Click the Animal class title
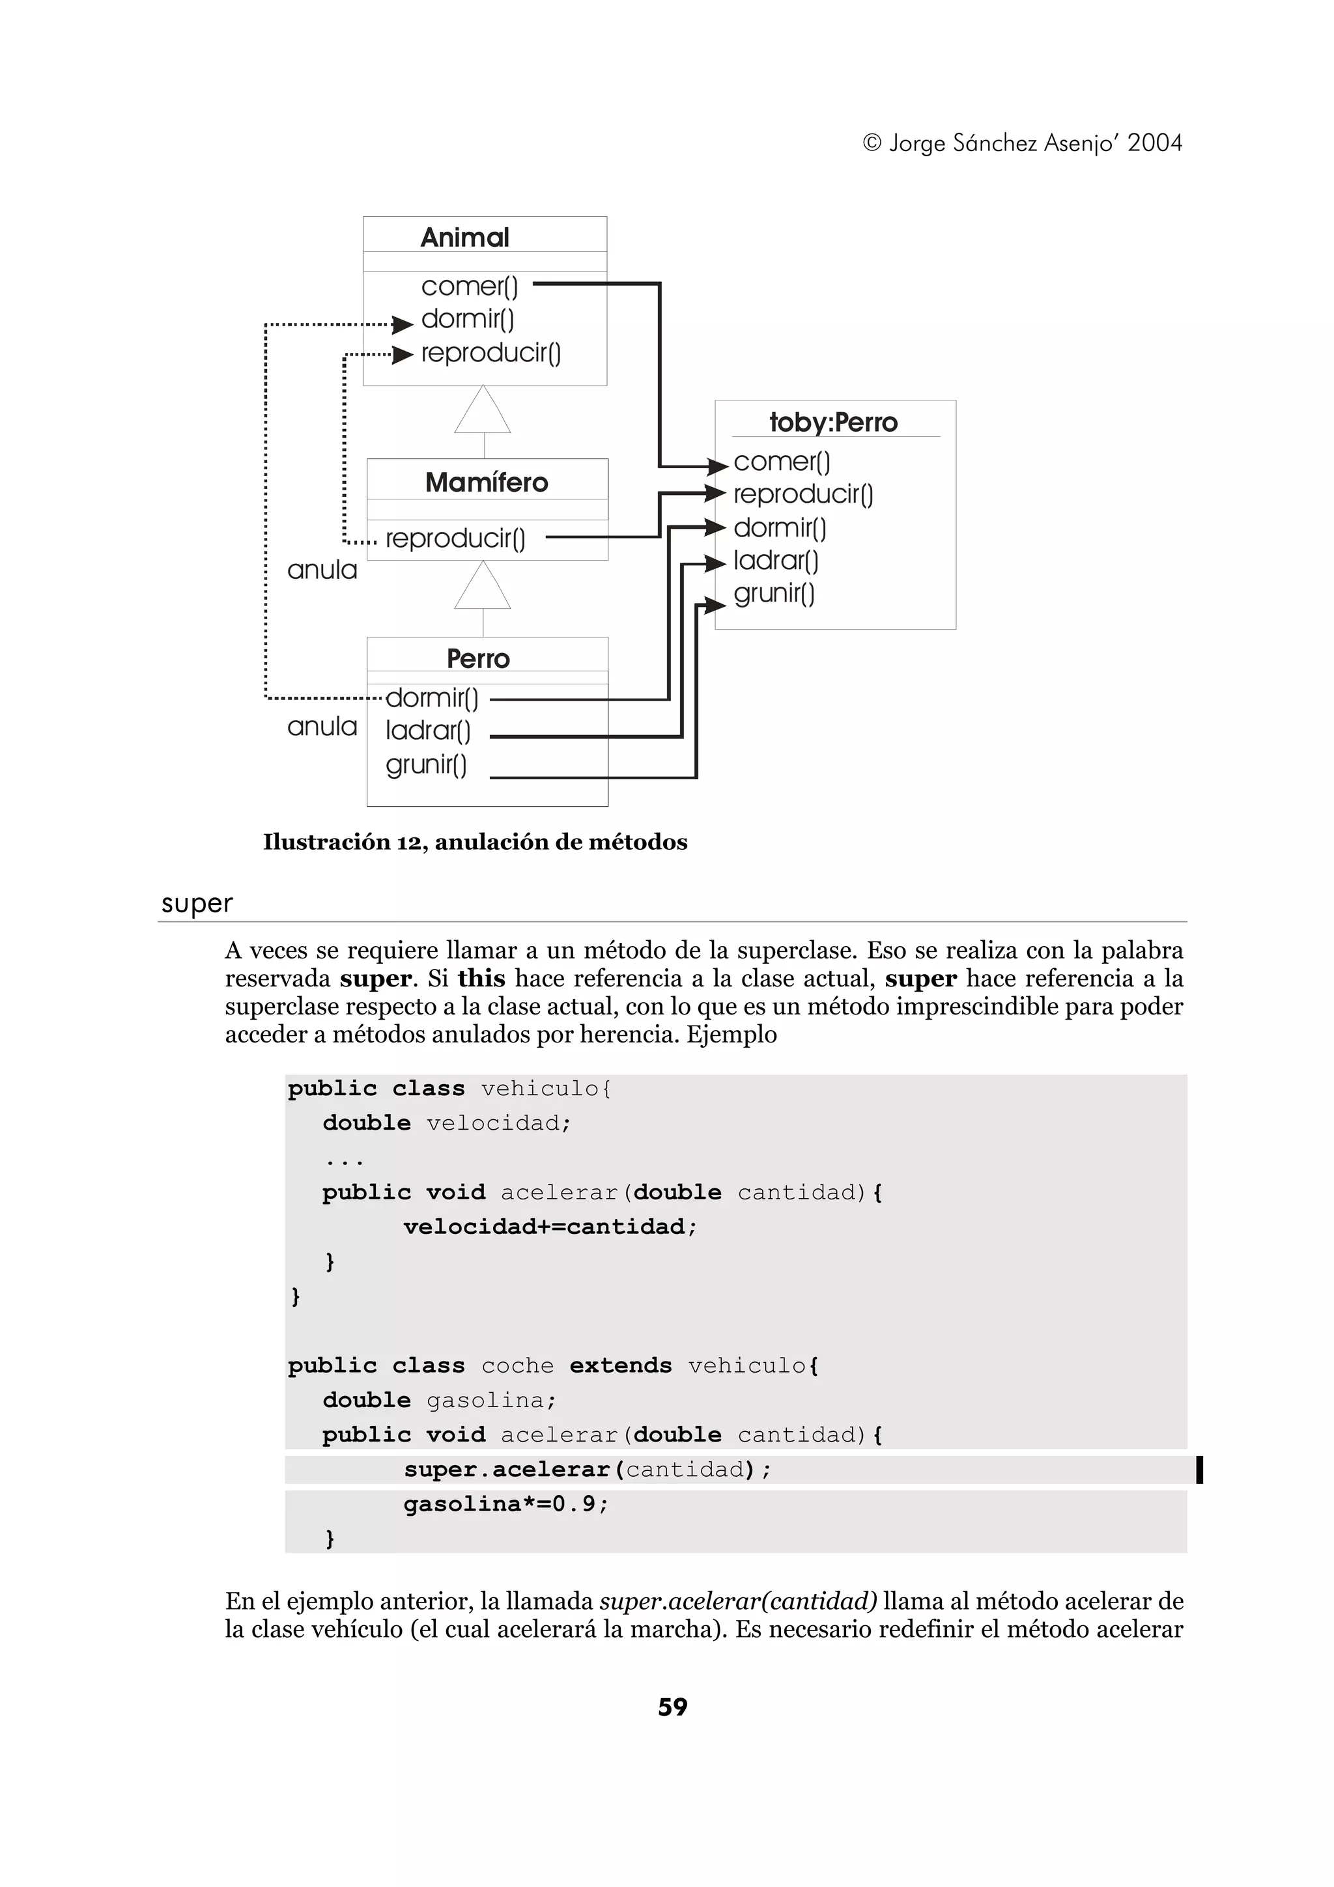point(464,238)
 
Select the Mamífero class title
point(487,482)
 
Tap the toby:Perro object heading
point(834,423)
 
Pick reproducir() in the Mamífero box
point(455,538)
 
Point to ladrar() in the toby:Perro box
point(776,561)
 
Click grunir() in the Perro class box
point(426,764)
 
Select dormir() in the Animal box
point(467,319)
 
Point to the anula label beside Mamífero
point(322,570)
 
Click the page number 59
point(672,1707)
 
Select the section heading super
point(197,903)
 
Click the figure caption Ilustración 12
point(475,841)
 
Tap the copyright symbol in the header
point(872,143)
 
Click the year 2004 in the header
point(1154,143)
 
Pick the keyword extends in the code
point(621,1365)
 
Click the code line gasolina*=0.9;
point(505,1504)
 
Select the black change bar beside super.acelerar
point(1199,1470)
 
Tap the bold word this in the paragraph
point(481,979)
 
